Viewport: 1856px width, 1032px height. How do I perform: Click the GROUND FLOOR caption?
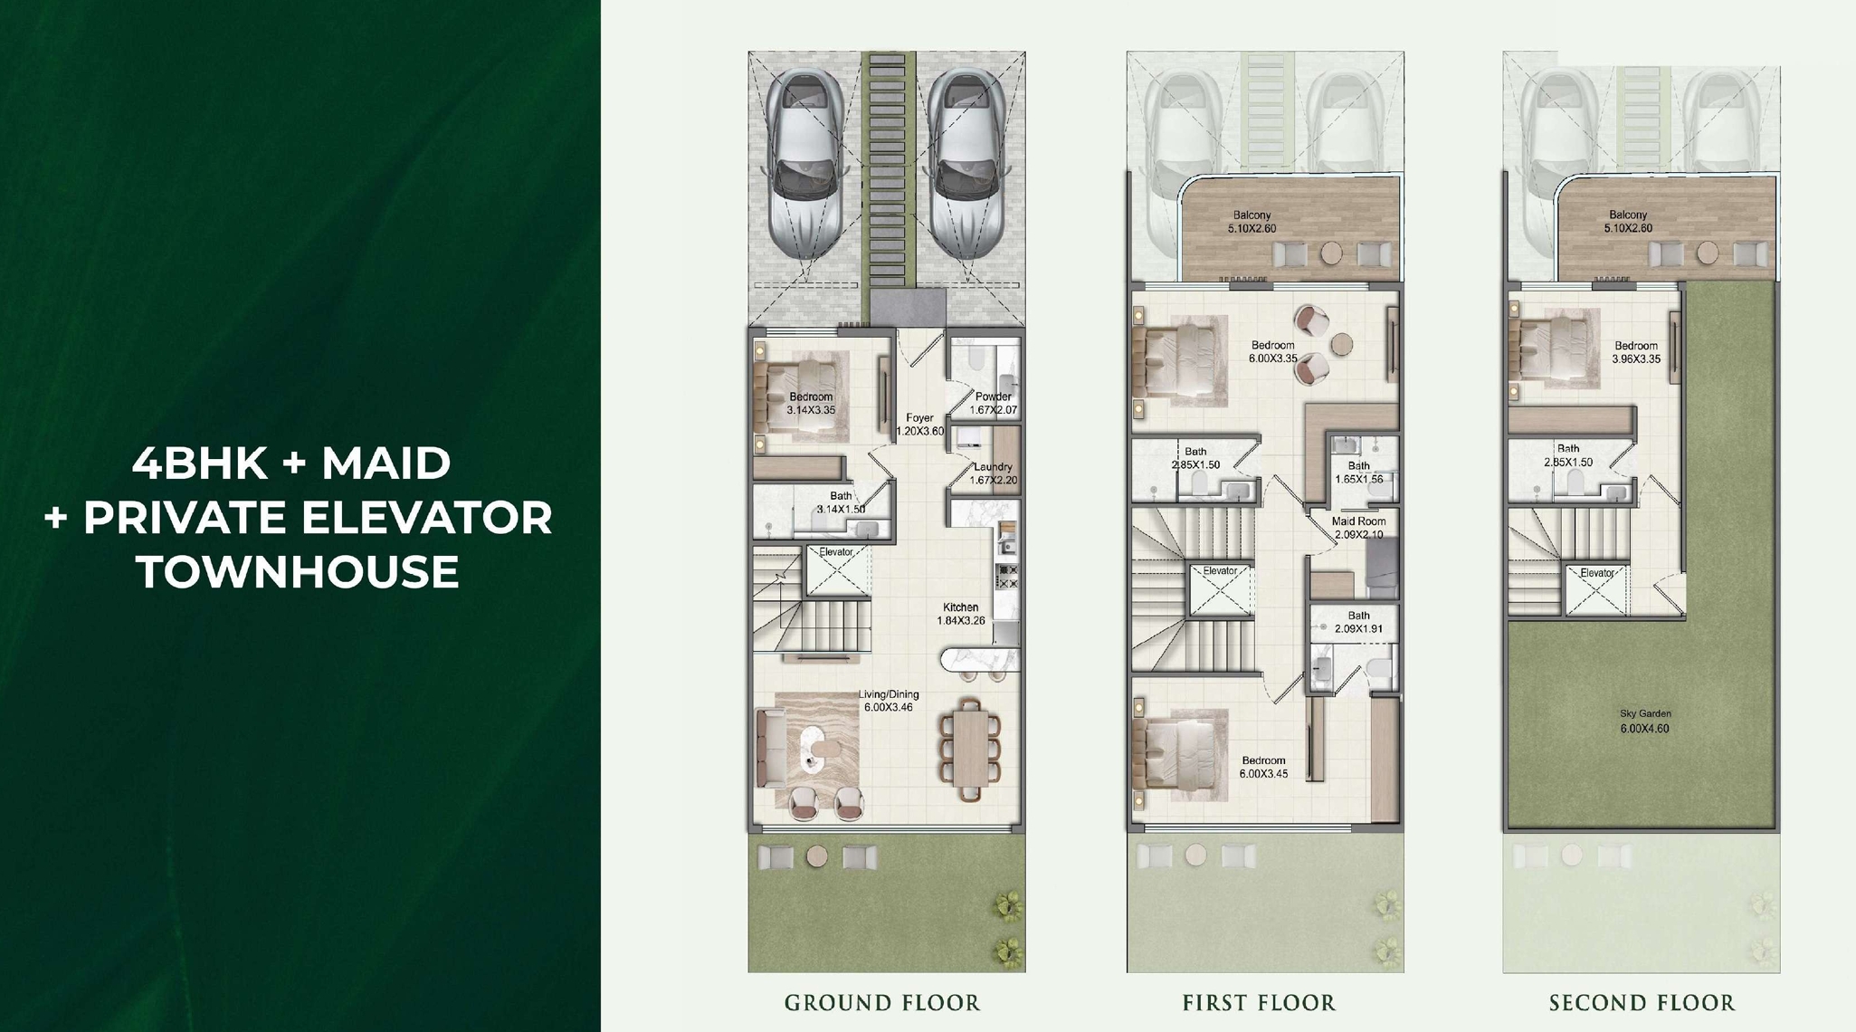(x=882, y=1003)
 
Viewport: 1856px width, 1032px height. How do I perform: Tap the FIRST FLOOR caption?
(x=1259, y=1003)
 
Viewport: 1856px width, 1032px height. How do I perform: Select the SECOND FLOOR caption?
(x=1642, y=1003)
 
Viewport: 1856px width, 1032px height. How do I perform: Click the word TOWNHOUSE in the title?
(x=298, y=572)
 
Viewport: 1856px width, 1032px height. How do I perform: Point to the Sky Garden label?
(x=1645, y=714)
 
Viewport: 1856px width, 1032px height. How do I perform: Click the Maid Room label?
(x=1358, y=521)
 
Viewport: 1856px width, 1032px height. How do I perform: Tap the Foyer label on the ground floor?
(x=919, y=418)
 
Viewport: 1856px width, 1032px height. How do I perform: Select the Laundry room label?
(x=993, y=467)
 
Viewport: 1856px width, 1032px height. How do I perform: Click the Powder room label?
(x=993, y=397)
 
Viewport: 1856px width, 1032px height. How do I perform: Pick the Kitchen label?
(x=960, y=607)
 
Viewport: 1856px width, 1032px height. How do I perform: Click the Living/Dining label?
(x=889, y=694)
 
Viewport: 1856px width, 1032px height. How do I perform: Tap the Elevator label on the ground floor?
(x=835, y=552)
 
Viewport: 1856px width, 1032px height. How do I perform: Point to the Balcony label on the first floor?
(x=1252, y=215)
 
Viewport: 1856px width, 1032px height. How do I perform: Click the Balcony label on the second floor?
(x=1628, y=215)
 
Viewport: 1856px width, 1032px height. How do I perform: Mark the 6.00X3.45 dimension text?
(x=1263, y=774)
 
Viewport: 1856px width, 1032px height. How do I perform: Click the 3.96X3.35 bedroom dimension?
(x=1636, y=359)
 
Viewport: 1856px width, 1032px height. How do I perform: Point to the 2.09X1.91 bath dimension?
(x=1358, y=629)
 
